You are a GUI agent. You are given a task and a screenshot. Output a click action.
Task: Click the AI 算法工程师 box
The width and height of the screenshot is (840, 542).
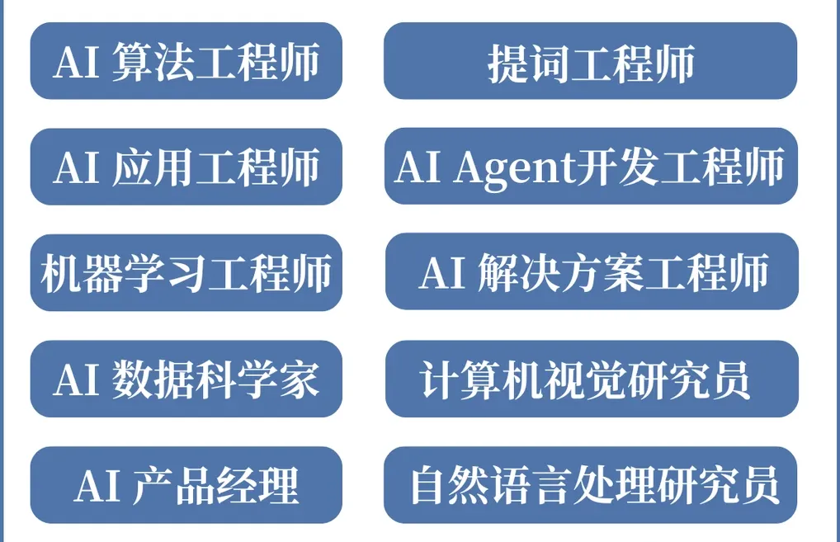click(x=186, y=61)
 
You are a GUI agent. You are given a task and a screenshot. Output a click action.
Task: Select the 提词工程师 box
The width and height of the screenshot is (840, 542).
click(x=590, y=61)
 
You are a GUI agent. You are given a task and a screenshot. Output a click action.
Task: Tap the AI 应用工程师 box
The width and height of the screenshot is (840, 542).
click(x=186, y=167)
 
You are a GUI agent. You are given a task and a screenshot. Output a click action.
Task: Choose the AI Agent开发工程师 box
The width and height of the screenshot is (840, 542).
click(x=590, y=167)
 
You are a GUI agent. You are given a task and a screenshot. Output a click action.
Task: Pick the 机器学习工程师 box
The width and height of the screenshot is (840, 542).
click(x=186, y=272)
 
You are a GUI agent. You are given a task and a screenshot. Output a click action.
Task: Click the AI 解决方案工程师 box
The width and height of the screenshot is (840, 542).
click(x=592, y=272)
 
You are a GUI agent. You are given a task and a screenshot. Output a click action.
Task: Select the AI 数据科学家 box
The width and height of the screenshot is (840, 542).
click(x=186, y=379)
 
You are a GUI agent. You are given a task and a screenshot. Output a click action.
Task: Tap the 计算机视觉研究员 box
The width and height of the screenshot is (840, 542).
click(x=592, y=379)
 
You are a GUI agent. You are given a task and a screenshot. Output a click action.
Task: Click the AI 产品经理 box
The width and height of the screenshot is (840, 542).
click(x=186, y=485)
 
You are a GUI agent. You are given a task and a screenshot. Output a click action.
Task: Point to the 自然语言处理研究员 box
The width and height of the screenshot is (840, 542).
click(x=592, y=485)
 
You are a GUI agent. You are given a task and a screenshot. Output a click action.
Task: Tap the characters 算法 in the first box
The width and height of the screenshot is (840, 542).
click(x=142, y=62)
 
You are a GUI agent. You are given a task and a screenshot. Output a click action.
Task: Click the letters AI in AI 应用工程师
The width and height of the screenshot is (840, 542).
click(x=76, y=167)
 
